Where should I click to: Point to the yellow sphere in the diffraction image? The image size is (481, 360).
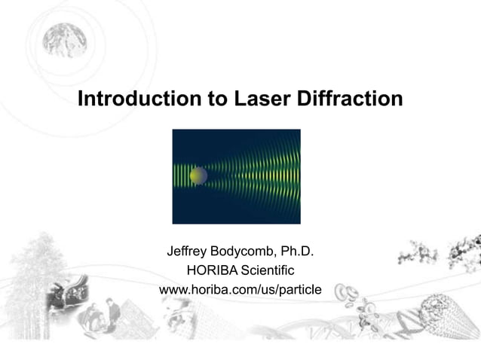198,175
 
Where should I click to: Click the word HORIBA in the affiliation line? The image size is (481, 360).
212,270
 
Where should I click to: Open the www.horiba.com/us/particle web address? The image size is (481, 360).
240,289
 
